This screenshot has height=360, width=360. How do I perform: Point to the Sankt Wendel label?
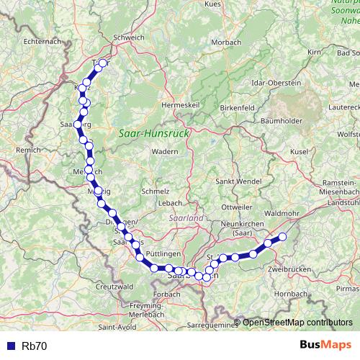point(237,181)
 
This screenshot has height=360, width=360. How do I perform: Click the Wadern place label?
point(165,152)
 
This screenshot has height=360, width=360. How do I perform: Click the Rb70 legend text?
point(35,346)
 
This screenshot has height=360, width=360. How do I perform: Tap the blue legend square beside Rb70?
point(10,346)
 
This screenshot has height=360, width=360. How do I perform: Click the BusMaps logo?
point(325,345)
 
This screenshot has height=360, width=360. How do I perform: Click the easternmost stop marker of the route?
point(283,236)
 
